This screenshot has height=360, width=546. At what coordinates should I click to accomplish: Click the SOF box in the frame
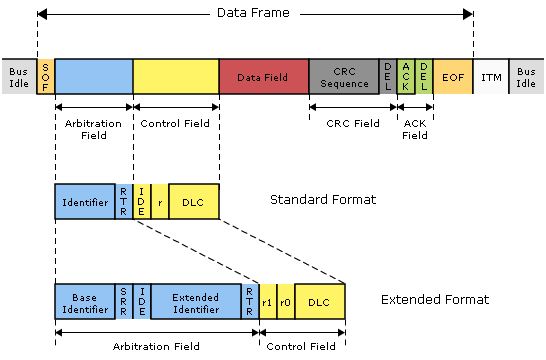tap(46, 77)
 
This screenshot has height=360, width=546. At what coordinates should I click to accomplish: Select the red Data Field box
tap(264, 77)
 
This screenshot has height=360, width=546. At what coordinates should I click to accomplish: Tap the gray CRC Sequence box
tap(344, 77)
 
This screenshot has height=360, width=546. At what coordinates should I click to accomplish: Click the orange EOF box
tap(453, 77)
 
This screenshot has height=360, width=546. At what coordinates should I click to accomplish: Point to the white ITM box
tap(491, 77)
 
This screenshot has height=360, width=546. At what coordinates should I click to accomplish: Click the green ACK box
tap(406, 77)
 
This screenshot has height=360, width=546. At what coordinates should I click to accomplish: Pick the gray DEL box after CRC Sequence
tap(388, 77)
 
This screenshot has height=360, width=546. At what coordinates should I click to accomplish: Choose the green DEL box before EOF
tap(424, 77)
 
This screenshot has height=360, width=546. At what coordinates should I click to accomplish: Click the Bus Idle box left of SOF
tap(19, 77)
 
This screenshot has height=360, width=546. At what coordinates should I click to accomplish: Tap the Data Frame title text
tap(253, 13)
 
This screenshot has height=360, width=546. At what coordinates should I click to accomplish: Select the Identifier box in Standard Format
tap(85, 202)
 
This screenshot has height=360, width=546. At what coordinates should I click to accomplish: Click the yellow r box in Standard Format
tap(160, 202)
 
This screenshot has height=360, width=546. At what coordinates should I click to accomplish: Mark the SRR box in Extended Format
tap(124, 302)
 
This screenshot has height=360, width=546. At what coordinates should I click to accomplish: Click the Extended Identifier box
tap(196, 302)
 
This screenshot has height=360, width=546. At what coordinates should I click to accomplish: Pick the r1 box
tap(268, 302)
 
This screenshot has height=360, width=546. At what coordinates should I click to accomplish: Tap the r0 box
tap(286, 302)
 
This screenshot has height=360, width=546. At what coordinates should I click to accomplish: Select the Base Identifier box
tap(85, 302)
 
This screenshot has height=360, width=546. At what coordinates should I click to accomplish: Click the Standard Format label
tap(323, 199)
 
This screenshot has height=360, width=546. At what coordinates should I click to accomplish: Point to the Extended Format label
tap(435, 300)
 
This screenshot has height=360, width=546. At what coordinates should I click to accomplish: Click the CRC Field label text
tap(353, 123)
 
